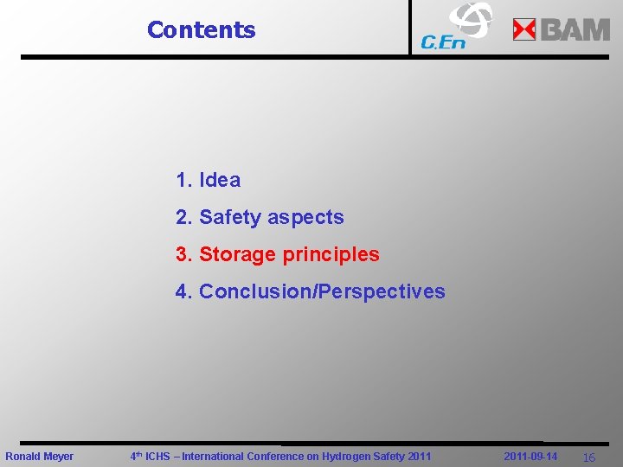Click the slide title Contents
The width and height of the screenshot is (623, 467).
(x=202, y=30)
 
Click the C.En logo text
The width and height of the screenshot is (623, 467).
(x=442, y=42)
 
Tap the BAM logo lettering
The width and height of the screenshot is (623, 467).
(x=575, y=30)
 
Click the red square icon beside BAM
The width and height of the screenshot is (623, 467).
(x=524, y=30)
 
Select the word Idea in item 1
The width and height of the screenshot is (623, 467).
(x=220, y=181)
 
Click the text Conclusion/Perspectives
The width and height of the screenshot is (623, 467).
(x=322, y=292)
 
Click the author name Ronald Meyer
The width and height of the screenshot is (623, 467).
(x=40, y=457)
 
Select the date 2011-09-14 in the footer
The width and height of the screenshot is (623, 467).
(x=530, y=457)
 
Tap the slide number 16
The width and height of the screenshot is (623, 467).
(x=588, y=457)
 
